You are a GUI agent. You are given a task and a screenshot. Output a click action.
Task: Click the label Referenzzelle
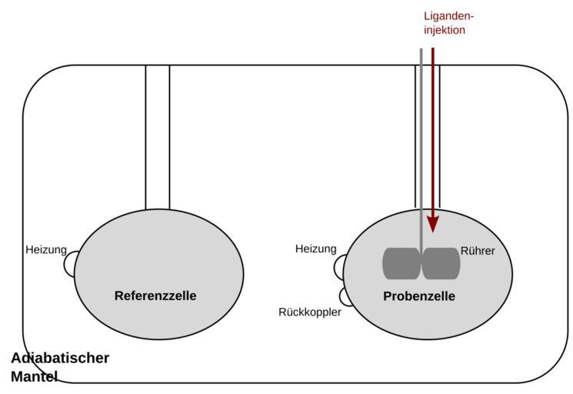(155, 295)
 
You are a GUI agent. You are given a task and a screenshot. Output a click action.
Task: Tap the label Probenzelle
(419, 296)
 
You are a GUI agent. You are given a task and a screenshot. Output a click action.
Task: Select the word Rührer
(478, 251)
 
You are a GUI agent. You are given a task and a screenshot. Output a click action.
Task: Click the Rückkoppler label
(309, 312)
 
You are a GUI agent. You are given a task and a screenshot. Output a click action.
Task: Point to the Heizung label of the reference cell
(46, 249)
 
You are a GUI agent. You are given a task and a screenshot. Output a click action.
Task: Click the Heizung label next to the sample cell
(316, 249)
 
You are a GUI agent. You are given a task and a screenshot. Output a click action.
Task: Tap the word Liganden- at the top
(449, 15)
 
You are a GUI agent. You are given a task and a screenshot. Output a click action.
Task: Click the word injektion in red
(445, 31)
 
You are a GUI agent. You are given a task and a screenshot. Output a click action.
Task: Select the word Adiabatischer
(60, 358)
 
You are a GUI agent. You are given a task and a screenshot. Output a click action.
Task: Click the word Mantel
(34, 376)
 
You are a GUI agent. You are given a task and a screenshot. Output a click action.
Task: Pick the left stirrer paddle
(401, 263)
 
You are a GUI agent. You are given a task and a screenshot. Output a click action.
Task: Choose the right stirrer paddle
(441, 263)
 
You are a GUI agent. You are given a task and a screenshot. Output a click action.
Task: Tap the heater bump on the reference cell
(69, 265)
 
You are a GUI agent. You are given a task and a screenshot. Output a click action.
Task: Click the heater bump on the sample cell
(338, 267)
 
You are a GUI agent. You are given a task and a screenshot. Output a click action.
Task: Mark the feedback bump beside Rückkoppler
(345, 296)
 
